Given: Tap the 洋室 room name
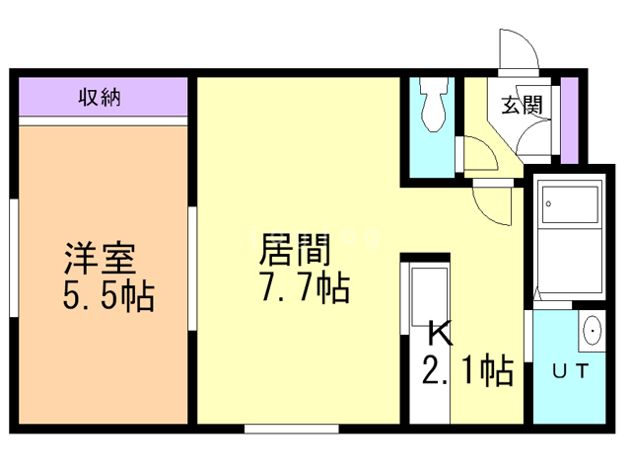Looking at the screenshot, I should pos(99,259).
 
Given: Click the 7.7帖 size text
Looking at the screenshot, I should pos(301,288).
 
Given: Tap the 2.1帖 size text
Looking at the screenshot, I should pos(467,371).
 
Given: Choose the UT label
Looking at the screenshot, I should pos(570,371).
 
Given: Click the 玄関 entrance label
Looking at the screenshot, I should pos(522,106).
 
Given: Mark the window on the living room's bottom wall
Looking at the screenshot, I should pos(291,429).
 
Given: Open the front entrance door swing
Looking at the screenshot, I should pos(519,49).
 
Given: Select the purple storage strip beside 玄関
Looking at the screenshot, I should pos(569,119).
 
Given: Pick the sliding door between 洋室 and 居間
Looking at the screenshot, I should pos(192,253).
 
